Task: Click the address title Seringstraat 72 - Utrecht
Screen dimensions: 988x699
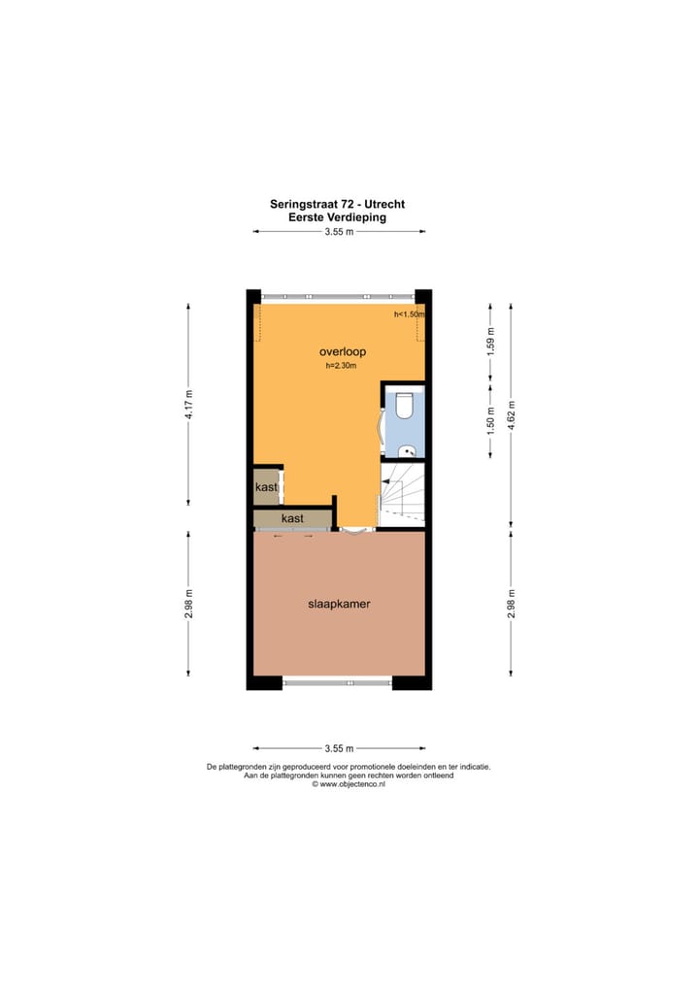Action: (337, 205)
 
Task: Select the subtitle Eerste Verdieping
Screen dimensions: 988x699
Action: (337, 218)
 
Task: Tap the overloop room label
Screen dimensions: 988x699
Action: (342, 351)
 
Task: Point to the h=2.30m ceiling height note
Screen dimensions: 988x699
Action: (342, 367)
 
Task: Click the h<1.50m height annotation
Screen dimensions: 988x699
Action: (409, 315)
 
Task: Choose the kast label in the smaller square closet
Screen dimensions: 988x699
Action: (266, 487)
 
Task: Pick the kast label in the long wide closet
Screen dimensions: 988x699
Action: (292, 518)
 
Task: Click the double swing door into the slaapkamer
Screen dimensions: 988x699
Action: (351, 530)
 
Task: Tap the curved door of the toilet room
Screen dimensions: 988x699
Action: (381, 424)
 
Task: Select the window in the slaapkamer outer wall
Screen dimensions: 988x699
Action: (337, 683)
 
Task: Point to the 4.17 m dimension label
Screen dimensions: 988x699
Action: (190, 403)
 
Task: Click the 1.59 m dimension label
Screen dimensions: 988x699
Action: (491, 345)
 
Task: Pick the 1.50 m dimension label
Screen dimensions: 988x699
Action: (491, 419)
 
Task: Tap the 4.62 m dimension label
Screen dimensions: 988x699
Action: (513, 413)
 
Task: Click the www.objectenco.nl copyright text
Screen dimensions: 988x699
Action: (349, 784)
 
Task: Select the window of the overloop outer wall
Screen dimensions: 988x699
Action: (337, 295)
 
